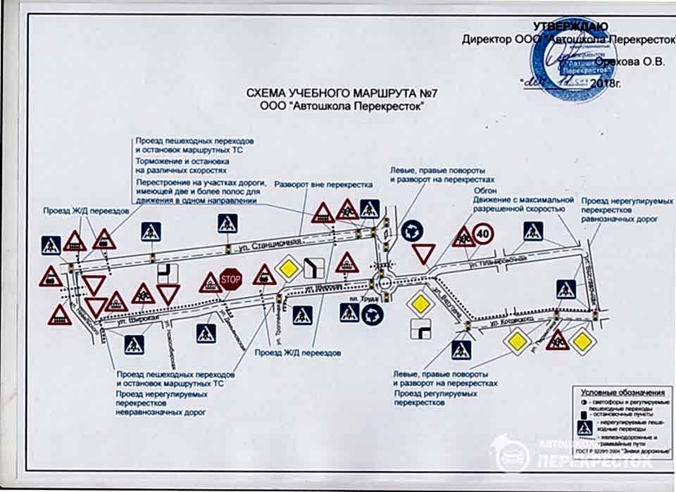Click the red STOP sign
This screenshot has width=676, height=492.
230,279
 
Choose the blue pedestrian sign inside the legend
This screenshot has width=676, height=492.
583,428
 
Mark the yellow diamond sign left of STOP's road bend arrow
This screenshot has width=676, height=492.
288,269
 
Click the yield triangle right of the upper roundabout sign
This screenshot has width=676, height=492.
424,253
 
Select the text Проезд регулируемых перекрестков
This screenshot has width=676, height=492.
427,398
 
